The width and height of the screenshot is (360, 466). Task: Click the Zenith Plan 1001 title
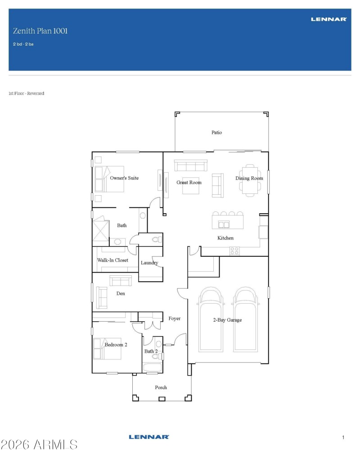[40, 31]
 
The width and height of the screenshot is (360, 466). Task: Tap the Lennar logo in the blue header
[328, 19]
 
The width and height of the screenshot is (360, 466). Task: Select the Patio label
[217, 133]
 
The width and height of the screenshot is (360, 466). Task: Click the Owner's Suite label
[124, 178]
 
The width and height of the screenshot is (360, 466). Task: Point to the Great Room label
[189, 183]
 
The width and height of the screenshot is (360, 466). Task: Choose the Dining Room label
[249, 179]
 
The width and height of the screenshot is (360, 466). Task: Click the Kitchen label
[225, 238]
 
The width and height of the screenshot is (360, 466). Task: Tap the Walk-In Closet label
[112, 260]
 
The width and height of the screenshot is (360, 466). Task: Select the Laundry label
[149, 263]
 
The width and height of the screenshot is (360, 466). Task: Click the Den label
[121, 294]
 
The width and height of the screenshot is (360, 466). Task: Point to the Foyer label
[174, 318]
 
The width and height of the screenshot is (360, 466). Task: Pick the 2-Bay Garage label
[227, 320]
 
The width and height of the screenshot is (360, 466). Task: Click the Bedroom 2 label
[116, 345]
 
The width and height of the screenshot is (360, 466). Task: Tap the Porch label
[161, 387]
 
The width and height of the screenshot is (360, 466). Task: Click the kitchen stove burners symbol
[234, 251]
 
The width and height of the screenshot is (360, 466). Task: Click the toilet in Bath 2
[157, 356]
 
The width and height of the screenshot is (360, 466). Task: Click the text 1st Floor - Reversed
[26, 94]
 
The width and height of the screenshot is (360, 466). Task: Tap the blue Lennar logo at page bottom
[148, 437]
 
